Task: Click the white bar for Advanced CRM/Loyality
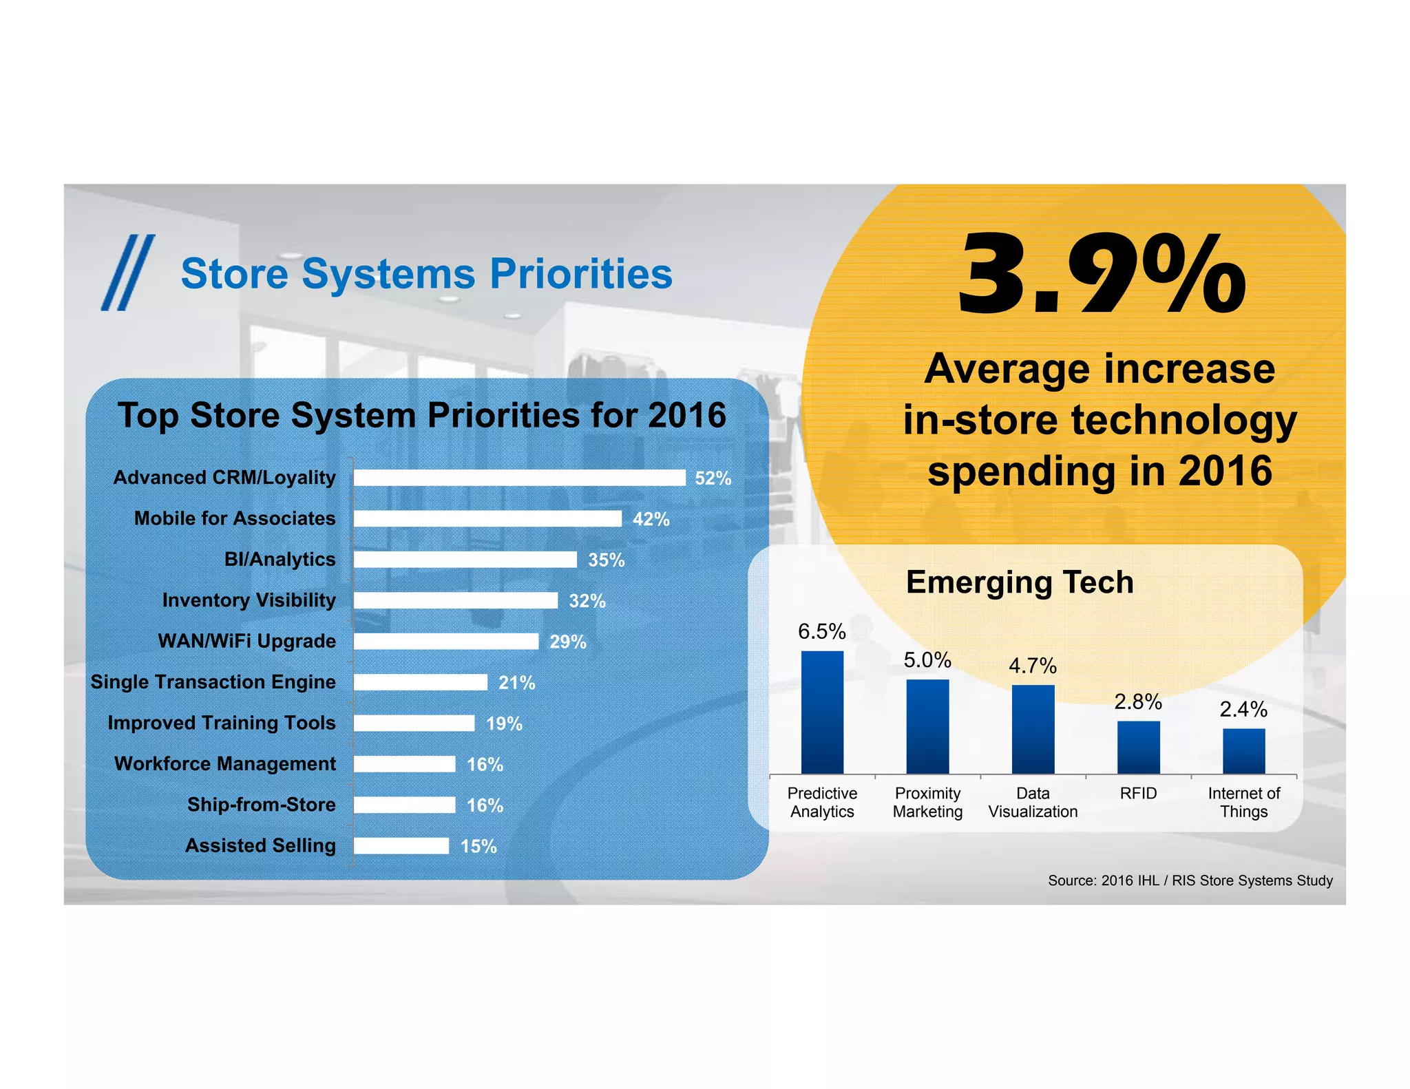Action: (519, 478)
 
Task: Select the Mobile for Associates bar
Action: (487, 518)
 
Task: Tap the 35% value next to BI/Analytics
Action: (606, 560)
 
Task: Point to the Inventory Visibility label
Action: (249, 600)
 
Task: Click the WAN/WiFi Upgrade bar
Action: (446, 642)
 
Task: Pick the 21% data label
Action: (516, 683)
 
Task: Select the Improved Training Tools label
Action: (222, 723)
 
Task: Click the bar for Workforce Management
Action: (405, 764)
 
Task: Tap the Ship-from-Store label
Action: (262, 805)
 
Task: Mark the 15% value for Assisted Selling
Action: (478, 846)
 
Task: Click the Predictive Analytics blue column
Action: (822, 712)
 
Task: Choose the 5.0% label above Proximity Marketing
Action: (927, 660)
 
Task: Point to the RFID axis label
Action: (1138, 793)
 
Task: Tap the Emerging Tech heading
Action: (1020, 582)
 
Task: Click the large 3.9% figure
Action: (1102, 275)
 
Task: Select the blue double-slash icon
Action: (128, 273)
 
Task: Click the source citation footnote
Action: (1190, 880)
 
